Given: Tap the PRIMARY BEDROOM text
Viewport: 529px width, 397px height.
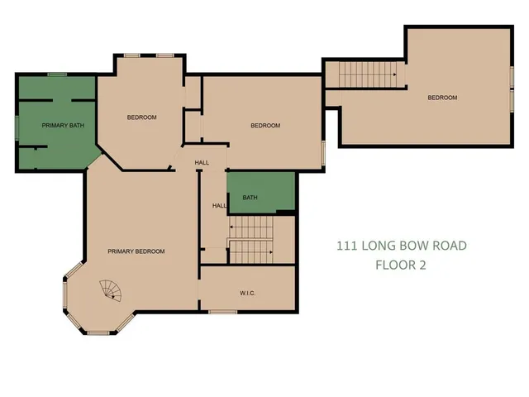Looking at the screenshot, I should coord(136,251).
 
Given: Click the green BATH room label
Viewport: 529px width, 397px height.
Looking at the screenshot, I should coord(250,198).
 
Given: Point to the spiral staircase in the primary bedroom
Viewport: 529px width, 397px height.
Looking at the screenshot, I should coord(111,290).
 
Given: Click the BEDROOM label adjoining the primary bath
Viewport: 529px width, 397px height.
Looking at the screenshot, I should coord(141,117).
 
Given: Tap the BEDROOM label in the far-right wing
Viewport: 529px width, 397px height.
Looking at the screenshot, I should coord(441,98).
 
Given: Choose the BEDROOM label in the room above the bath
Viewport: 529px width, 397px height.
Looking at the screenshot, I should coord(265,126).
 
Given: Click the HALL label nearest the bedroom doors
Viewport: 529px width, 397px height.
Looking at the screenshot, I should coord(202,163).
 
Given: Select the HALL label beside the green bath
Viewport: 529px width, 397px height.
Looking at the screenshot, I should coord(219,206).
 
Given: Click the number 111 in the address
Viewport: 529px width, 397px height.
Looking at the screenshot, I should coord(347,246).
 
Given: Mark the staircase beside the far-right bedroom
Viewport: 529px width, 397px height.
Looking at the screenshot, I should coord(364,76).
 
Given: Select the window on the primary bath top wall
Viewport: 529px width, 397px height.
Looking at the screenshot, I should coord(57,74).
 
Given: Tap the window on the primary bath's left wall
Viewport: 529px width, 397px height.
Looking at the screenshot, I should coord(16,127).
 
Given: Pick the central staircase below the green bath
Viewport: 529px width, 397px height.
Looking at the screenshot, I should coord(251,240).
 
